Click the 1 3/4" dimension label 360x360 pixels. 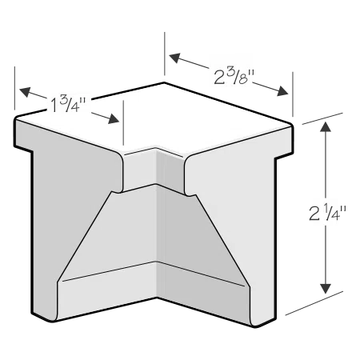(68, 104)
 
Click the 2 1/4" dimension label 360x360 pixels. (327, 212)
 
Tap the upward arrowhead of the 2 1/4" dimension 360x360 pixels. (326, 126)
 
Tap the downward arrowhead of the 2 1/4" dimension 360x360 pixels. (326, 289)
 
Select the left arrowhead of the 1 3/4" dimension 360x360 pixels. (26, 92)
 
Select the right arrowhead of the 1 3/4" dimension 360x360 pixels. (113, 119)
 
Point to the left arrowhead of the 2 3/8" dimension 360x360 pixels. (176, 58)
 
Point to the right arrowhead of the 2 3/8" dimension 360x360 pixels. (282, 91)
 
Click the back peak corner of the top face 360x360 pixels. (164, 82)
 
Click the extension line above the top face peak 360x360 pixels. (165, 54)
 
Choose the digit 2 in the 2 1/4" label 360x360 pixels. (314, 214)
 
